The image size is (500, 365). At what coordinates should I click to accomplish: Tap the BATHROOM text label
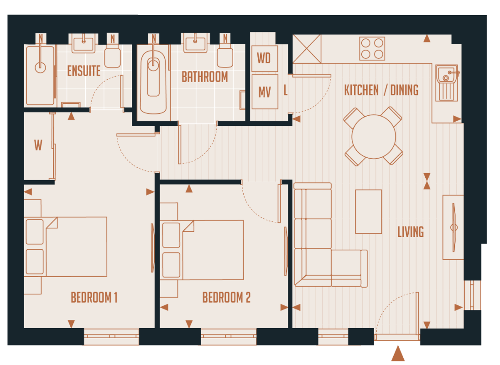pos(204,77)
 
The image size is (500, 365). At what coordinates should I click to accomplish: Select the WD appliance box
pos(264,58)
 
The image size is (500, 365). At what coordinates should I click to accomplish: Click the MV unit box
pos(265,92)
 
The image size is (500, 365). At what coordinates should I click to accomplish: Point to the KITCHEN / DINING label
pos(381,90)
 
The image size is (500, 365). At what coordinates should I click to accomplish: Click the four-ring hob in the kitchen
pos(371,48)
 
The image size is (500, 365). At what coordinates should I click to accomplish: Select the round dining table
pos(373,136)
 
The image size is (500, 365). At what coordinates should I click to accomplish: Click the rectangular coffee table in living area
pos(368,211)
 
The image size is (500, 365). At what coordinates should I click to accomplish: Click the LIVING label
pos(410,232)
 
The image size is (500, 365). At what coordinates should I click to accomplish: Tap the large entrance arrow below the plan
pos(398,354)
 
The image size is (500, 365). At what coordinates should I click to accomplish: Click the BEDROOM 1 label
pos(94,298)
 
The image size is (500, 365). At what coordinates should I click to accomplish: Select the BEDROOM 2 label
pos(226,298)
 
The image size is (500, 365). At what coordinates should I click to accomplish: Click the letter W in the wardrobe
pos(38,146)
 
